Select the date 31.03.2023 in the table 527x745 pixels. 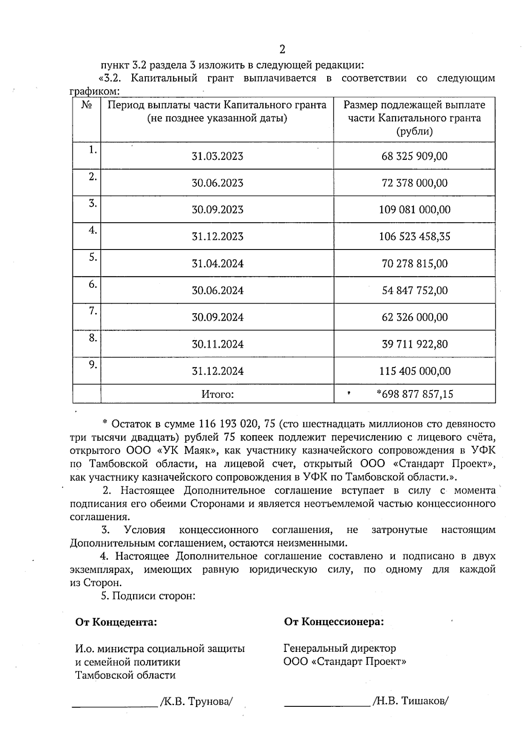point(217,156)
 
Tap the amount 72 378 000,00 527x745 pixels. point(415,183)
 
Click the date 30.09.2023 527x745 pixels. point(217,210)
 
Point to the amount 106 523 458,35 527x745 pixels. point(415,237)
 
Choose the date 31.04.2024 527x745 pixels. point(217,264)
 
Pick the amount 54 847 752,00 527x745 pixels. point(415,290)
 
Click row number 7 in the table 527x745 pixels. point(92,311)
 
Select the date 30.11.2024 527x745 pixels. point(217,344)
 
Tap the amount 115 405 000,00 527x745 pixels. point(415,371)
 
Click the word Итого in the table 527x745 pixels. point(217,394)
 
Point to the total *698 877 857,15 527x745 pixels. point(415,394)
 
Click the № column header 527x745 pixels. point(87,105)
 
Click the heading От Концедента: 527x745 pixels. point(116,622)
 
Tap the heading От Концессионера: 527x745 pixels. point(334,622)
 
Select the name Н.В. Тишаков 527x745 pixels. point(410,702)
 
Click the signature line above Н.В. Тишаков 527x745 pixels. point(327,705)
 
